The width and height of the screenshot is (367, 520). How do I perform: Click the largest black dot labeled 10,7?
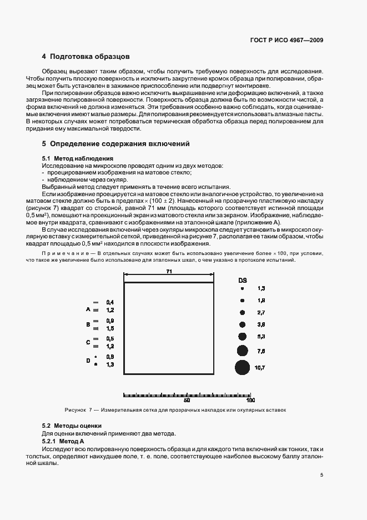(242, 367)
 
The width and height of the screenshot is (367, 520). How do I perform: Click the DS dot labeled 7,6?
(242, 351)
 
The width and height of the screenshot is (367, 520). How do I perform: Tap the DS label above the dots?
(243, 280)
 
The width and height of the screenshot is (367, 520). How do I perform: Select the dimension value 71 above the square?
(169, 271)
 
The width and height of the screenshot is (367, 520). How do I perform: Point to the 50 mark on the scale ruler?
(187, 399)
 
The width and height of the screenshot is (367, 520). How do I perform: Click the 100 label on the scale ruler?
(250, 399)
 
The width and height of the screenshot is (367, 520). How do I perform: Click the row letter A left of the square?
(88, 309)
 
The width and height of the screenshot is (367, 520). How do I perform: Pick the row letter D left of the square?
(88, 360)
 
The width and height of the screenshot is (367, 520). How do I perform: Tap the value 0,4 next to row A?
(110, 302)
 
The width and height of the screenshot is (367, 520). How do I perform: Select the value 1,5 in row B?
(110, 328)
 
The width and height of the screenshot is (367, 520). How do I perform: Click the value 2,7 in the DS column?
(261, 313)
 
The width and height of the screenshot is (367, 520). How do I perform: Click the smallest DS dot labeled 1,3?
(242, 289)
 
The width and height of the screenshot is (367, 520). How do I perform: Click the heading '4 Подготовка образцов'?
(86, 57)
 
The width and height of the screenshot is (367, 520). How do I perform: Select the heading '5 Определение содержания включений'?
(116, 144)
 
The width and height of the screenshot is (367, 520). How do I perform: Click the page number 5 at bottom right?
(321, 474)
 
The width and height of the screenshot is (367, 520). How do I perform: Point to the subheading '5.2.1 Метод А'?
(62, 441)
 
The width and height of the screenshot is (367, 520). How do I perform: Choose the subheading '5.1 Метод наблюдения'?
(73, 159)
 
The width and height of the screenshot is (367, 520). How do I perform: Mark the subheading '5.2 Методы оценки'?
(71, 426)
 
